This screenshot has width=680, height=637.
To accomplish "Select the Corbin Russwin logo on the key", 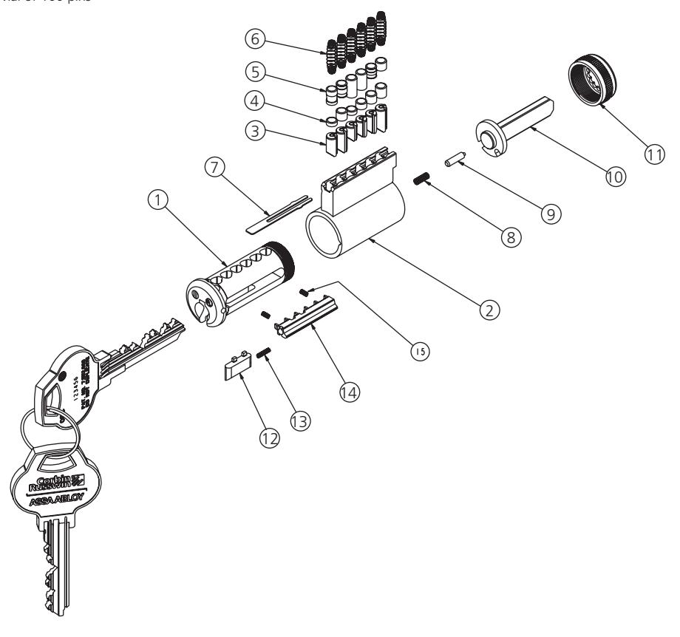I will click(57, 481).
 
